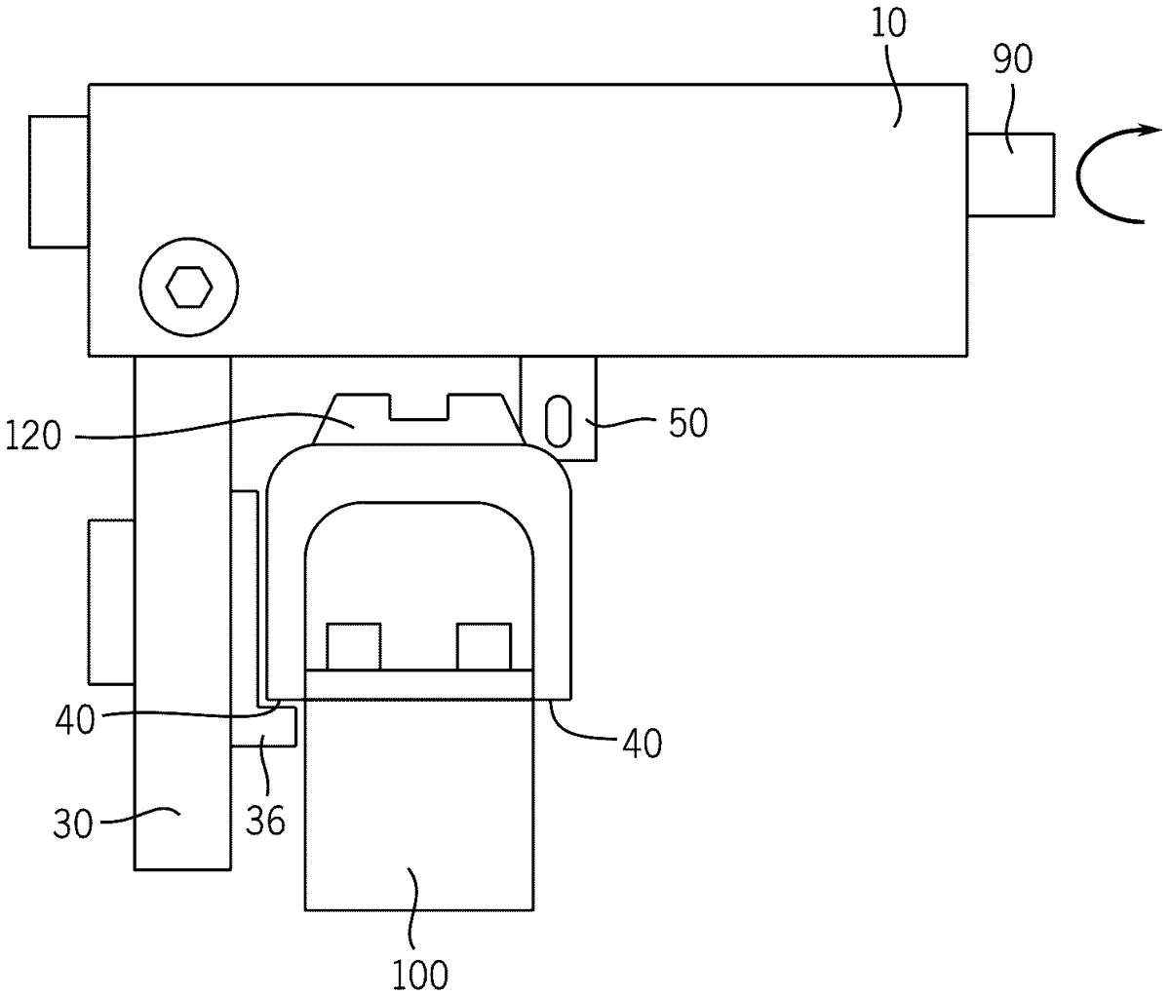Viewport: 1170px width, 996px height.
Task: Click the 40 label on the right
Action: [x=642, y=744]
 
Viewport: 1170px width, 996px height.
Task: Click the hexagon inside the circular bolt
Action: [x=188, y=287]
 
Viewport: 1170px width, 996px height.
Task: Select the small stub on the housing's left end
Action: [x=58, y=181]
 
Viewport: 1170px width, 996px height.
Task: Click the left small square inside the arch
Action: [x=353, y=646]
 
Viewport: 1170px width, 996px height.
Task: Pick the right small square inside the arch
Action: [x=485, y=646]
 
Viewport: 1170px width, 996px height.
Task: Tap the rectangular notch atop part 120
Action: [x=418, y=407]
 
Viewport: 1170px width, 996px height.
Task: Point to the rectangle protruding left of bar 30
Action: [x=111, y=601]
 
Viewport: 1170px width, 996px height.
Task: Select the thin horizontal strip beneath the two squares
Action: [x=418, y=684]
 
